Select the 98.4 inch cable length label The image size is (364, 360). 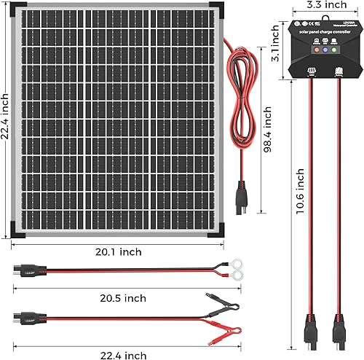[268, 133]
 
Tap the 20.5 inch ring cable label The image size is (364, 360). [119, 298]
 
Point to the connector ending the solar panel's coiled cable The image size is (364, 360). [241, 197]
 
